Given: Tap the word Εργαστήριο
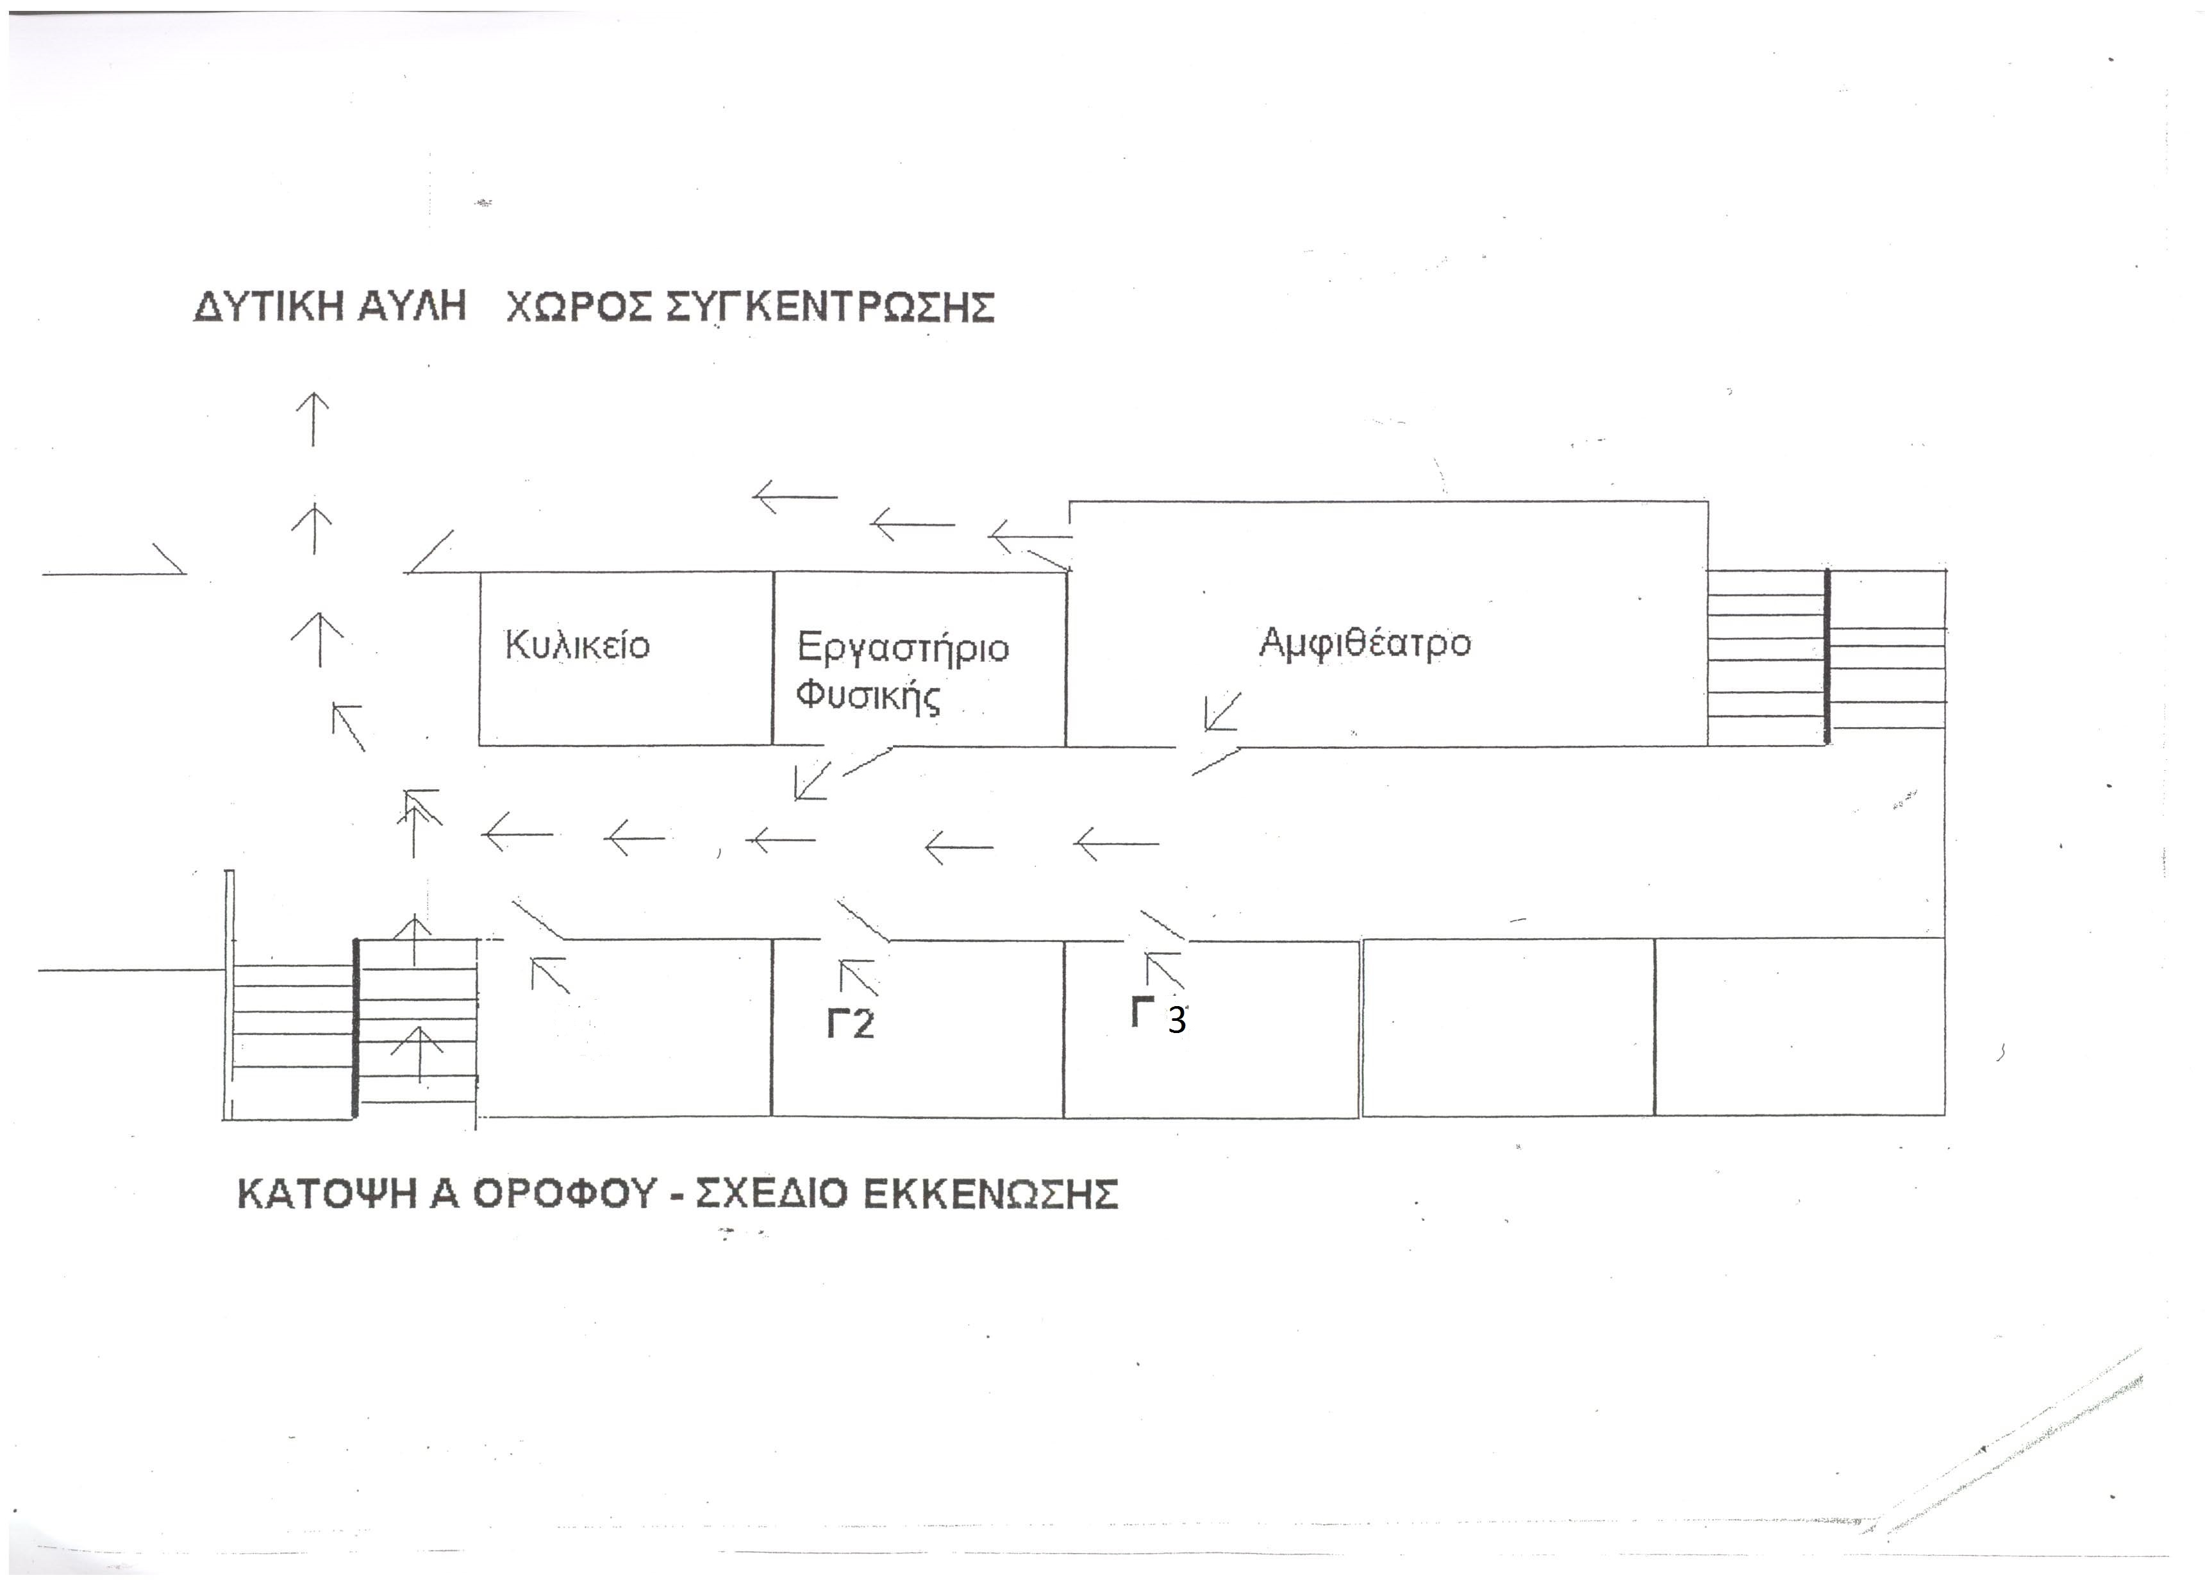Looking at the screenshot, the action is [x=903, y=648].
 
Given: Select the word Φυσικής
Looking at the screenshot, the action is [x=868, y=696].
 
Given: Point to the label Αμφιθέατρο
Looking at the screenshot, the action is [x=1365, y=643].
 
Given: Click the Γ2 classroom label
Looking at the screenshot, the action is [x=851, y=1024].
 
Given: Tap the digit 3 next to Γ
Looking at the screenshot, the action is [x=1176, y=1020].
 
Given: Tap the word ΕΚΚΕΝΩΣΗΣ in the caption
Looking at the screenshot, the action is [x=991, y=1194].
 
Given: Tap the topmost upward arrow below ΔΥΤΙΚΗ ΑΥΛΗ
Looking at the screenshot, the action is [x=312, y=419].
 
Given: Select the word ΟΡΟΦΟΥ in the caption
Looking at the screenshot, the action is [x=565, y=1194].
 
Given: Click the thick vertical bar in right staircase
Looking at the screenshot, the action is [x=1827, y=657].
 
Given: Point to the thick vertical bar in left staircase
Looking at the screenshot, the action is [x=356, y=1029].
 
